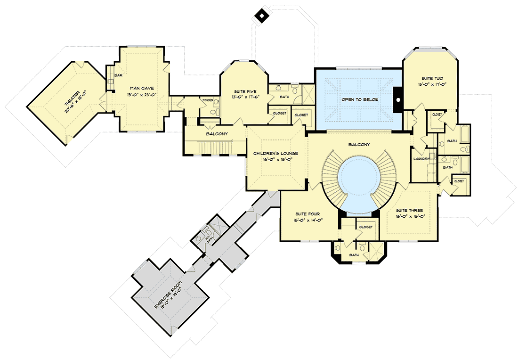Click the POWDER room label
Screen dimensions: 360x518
coord(208,100)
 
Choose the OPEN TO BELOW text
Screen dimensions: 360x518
coord(357,100)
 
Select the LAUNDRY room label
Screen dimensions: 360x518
coord(421,159)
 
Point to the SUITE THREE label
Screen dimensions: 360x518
coord(409,211)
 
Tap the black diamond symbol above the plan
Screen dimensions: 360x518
coord(260,16)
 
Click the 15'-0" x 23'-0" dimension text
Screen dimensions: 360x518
coord(142,94)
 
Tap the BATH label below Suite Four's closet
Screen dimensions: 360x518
coord(354,255)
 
